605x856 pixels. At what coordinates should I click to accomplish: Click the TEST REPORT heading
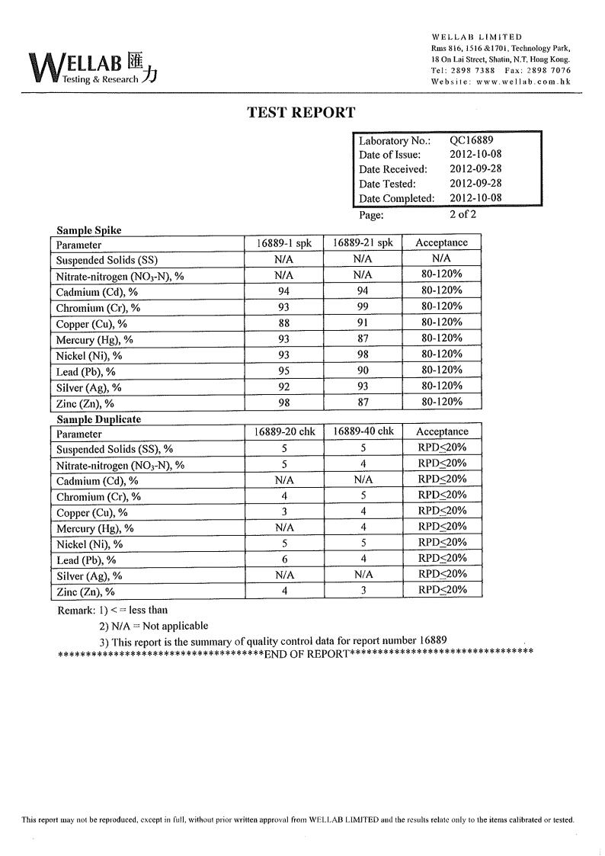[x=301, y=113]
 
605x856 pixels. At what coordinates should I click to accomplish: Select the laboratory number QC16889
[x=471, y=140]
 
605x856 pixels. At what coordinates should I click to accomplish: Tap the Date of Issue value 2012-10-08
[x=475, y=155]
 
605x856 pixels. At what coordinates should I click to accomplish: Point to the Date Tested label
[x=387, y=184]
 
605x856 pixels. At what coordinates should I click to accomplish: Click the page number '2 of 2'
[x=463, y=214]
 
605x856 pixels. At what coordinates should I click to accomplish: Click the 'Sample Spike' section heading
[x=89, y=230]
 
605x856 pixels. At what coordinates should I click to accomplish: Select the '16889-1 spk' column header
[x=283, y=243]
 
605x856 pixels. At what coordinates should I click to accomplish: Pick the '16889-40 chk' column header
[x=363, y=431]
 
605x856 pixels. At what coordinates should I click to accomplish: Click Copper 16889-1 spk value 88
[x=283, y=322]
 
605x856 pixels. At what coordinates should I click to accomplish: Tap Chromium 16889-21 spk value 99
[x=363, y=306]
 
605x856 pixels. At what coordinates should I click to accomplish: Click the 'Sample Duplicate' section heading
[x=99, y=419]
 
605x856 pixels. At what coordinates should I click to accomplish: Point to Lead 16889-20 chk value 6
[x=283, y=559]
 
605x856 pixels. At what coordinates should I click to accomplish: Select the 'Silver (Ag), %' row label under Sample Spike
[x=88, y=388]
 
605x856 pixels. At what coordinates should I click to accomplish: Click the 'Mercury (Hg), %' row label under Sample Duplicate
[x=95, y=528]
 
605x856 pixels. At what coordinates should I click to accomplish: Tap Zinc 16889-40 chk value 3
[x=363, y=590]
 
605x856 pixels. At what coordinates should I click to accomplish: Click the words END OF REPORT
[x=306, y=655]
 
